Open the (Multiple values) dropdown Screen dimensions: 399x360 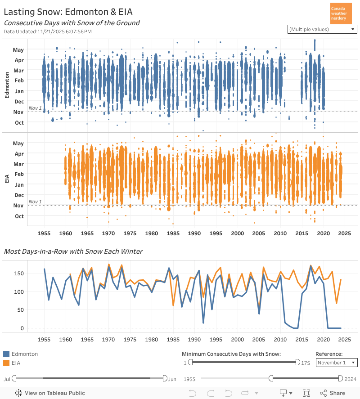[322, 29]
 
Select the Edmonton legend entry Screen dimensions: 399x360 [21, 354]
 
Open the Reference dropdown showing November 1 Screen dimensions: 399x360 [337, 363]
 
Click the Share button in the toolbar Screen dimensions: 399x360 [333, 393]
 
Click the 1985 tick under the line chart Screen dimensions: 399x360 [173, 340]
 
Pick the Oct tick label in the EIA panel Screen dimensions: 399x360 [19, 216]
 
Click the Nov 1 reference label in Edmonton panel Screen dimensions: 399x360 [35, 108]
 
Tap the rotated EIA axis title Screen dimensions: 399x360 [7, 179]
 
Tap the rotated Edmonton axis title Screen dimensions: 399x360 [7, 85]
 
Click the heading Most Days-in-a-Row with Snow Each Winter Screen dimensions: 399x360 [73, 251]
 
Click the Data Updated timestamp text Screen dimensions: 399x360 [47, 31]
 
